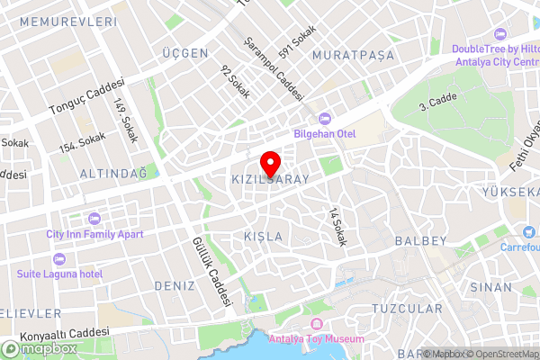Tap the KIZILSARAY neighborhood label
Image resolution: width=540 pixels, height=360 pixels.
click(271, 180)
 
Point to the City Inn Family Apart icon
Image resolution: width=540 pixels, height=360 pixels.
click(94, 219)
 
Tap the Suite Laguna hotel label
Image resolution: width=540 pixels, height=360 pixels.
click(59, 272)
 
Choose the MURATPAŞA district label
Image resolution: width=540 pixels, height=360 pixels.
click(353, 56)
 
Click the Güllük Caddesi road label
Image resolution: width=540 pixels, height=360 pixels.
click(212, 271)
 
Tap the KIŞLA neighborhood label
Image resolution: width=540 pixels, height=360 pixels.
click(263, 237)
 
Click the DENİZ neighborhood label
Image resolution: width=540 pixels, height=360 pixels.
click(175, 285)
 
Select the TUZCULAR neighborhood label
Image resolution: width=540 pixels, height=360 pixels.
click(407, 309)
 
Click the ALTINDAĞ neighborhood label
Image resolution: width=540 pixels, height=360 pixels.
click(112, 172)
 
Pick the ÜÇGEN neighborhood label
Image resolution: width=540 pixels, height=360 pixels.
click(184, 54)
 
